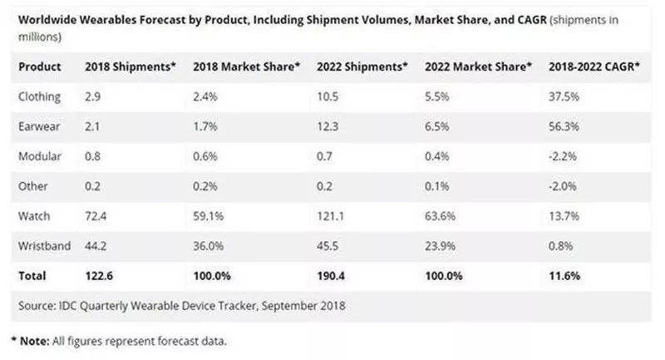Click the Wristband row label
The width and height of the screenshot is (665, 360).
(x=46, y=245)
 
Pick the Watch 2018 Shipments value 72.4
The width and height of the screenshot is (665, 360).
(x=97, y=215)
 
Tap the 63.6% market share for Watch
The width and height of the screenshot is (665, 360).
(x=440, y=215)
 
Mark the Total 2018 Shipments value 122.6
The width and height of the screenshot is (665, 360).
(x=101, y=275)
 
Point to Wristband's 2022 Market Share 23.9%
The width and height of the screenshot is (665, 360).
(x=440, y=245)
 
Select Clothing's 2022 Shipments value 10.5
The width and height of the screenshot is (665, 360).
(x=328, y=96)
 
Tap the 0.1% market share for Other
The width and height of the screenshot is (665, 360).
(x=436, y=186)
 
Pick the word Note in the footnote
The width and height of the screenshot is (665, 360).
(x=35, y=340)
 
